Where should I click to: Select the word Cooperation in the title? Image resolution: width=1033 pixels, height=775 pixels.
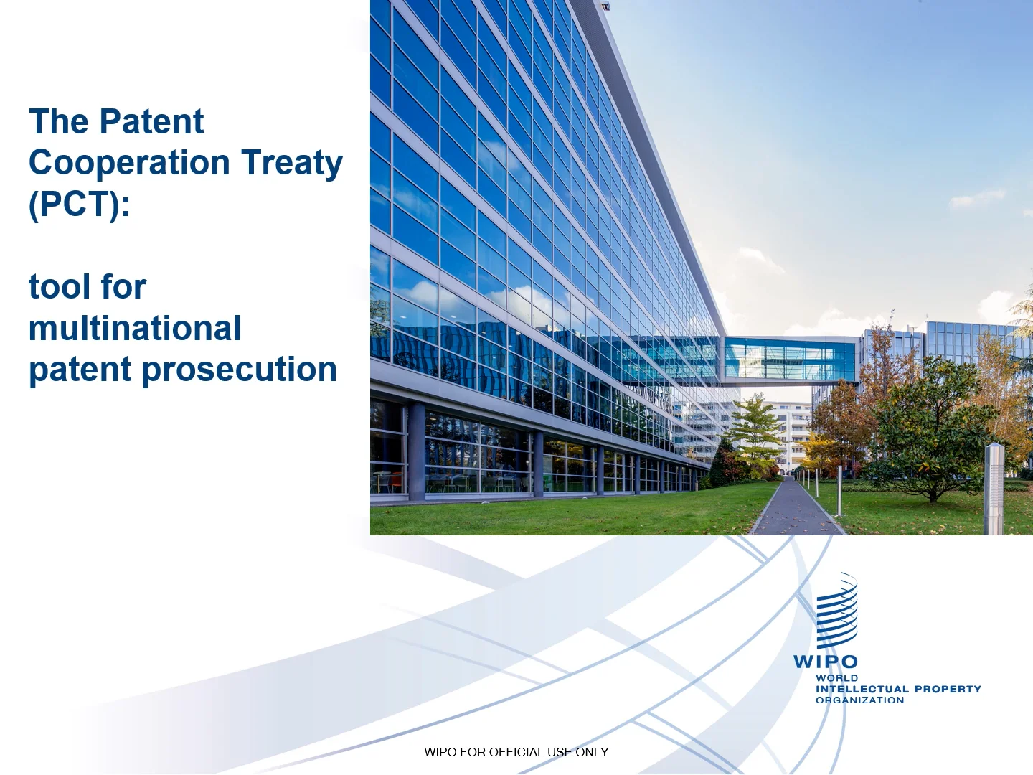click(129, 163)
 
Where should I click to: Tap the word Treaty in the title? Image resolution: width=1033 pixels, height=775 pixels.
click(292, 163)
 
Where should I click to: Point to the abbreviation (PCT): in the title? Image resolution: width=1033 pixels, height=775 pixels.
click(80, 205)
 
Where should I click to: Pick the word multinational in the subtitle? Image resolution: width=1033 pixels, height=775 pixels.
click(135, 329)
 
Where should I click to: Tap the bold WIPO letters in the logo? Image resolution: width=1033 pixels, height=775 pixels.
click(826, 662)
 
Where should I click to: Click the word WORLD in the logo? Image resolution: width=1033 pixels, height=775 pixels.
click(836, 678)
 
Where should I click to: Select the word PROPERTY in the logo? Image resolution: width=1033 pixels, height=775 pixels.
click(948, 689)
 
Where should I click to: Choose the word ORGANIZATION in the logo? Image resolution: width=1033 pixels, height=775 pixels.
click(859, 700)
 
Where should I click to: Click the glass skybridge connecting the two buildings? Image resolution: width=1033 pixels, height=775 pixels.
click(789, 359)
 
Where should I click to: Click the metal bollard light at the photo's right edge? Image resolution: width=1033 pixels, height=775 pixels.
click(994, 488)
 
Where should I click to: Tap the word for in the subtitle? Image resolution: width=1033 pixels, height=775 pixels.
click(123, 287)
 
